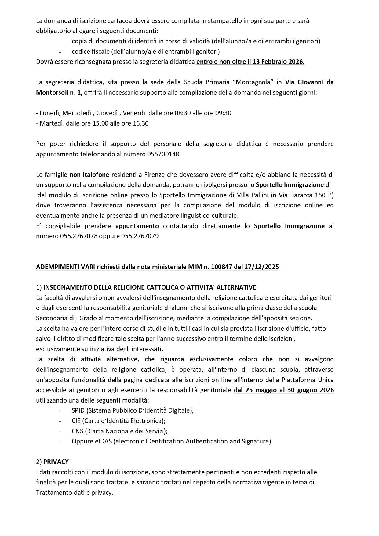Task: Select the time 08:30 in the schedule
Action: click(x=182, y=113)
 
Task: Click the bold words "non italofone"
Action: click(x=89, y=175)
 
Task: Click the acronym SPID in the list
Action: click(x=78, y=410)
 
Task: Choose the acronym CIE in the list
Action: click(x=76, y=421)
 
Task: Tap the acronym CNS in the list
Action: click(x=77, y=431)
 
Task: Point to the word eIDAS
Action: click(x=103, y=441)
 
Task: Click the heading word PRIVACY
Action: click(x=56, y=462)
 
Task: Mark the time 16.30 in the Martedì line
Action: click(x=140, y=123)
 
